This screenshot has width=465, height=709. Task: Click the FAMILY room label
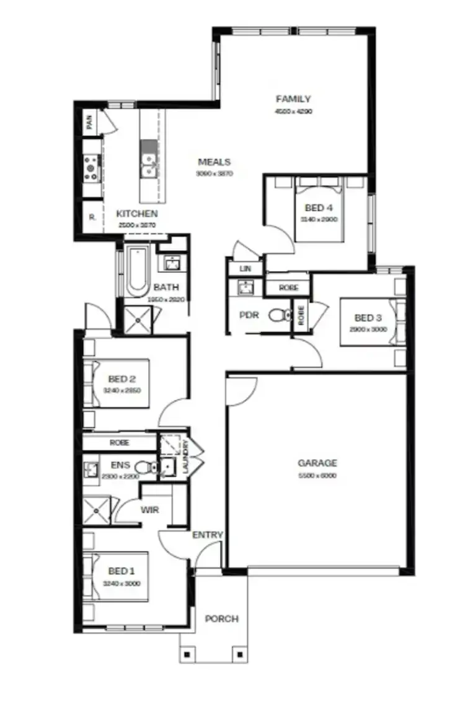293,99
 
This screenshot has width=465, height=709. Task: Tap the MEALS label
215,162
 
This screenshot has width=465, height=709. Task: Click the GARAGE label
317,463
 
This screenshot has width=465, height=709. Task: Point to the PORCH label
221,618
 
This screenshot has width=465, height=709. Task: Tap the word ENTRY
208,535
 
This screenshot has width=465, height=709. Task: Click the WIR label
151,510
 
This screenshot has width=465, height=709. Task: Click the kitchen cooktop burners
91,167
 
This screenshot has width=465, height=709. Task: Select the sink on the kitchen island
149,162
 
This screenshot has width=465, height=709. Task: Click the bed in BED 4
319,211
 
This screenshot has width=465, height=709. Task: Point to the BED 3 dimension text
368,329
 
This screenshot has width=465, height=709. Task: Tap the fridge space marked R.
92,218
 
